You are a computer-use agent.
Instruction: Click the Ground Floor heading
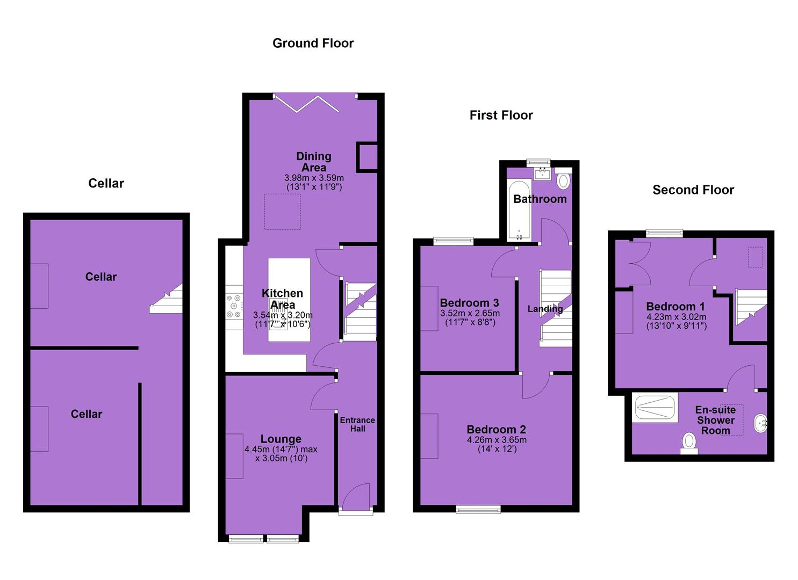coord(313,43)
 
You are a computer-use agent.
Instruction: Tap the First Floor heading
coord(501,115)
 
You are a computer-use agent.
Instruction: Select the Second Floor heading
coord(693,190)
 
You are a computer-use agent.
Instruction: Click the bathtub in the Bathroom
coord(519,211)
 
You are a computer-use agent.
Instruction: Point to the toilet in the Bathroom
coord(563,179)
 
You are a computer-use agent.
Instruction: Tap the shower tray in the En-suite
coord(655,408)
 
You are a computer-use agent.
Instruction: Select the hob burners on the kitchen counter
coord(234,306)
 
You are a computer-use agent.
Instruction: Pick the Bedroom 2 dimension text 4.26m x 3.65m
coord(497,440)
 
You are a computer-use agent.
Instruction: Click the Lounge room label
coord(281,439)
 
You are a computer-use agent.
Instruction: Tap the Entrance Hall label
coord(357,424)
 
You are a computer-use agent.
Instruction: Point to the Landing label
coord(545,309)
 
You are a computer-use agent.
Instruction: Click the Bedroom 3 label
coord(469,303)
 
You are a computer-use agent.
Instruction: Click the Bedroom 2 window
coord(478,510)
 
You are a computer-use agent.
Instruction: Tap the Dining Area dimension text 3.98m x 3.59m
coord(314,178)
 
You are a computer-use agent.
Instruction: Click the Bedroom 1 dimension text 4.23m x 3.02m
coord(676,317)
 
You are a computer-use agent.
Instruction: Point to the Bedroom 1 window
coord(664,234)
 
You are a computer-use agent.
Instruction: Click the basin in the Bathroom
coord(542,174)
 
